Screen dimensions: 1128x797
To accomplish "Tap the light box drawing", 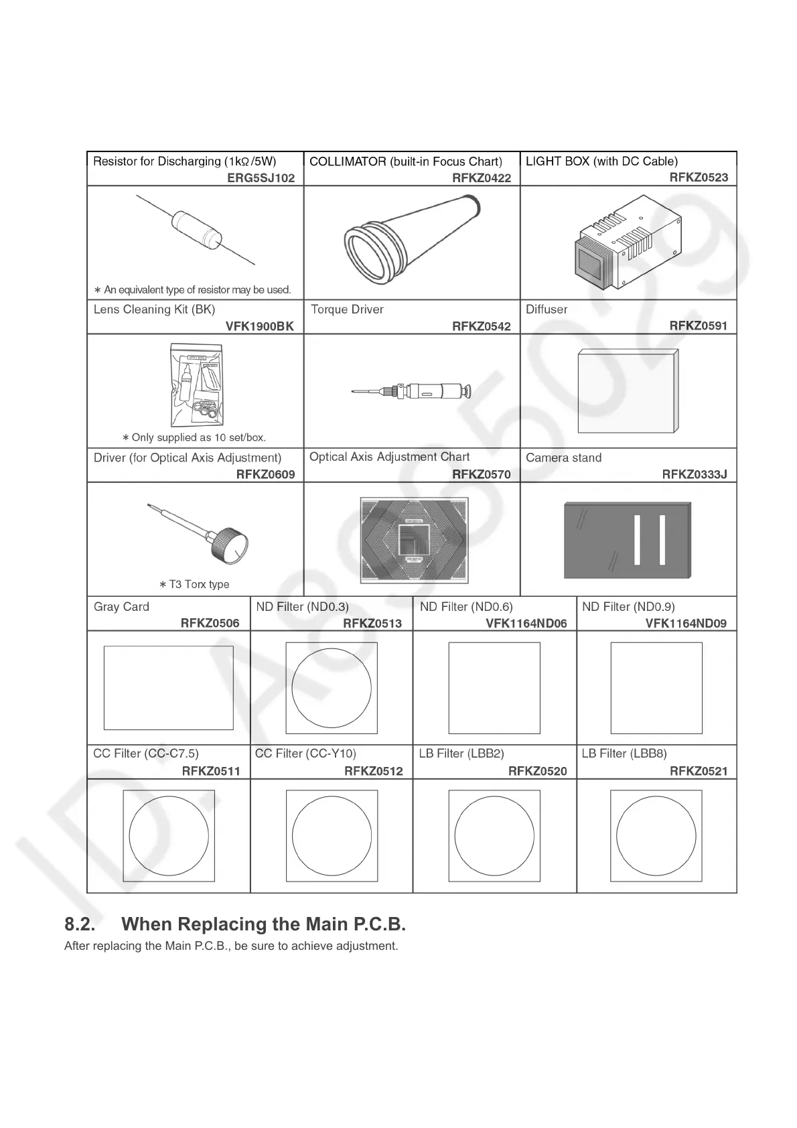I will [627, 244].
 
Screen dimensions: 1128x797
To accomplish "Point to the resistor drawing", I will [196, 229].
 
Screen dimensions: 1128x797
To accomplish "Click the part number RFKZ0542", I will [481, 326].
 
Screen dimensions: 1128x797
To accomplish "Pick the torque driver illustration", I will [411, 391].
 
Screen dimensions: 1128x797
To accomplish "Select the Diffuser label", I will [546, 309].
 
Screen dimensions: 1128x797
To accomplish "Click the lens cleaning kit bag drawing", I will [196, 384].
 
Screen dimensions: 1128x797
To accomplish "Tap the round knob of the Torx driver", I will [229, 545].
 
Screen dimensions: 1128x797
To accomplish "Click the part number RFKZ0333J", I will [694, 475].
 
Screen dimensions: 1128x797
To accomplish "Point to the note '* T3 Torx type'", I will [194, 585].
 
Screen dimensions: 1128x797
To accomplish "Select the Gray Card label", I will [121, 607].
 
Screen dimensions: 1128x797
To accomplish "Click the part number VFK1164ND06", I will [526, 624].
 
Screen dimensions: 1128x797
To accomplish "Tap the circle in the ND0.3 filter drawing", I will [332, 688].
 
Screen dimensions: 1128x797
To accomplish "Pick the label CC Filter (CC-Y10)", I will [305, 754].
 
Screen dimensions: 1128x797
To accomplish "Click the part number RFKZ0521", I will [698, 771].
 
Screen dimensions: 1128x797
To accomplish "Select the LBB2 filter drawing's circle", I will [494, 835].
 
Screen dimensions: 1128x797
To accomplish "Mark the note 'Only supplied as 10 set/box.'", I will [194, 438].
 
